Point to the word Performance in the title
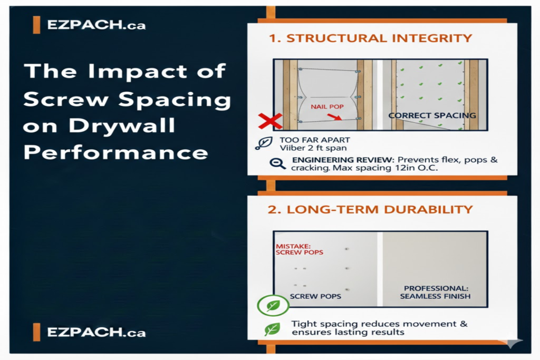click(116, 153)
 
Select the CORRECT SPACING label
click(432, 115)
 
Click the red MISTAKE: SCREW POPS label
click(298, 249)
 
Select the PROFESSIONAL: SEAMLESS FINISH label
click(430, 292)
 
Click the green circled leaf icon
click(273, 305)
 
